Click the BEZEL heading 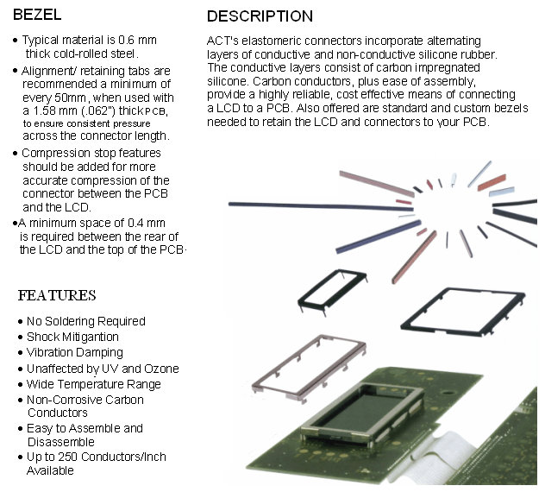(x=37, y=15)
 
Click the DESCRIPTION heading (x=260, y=16)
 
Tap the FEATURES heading (x=57, y=295)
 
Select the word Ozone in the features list (x=161, y=369)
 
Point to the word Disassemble (x=61, y=442)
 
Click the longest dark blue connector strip (x=321, y=206)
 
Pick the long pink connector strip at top (x=373, y=183)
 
